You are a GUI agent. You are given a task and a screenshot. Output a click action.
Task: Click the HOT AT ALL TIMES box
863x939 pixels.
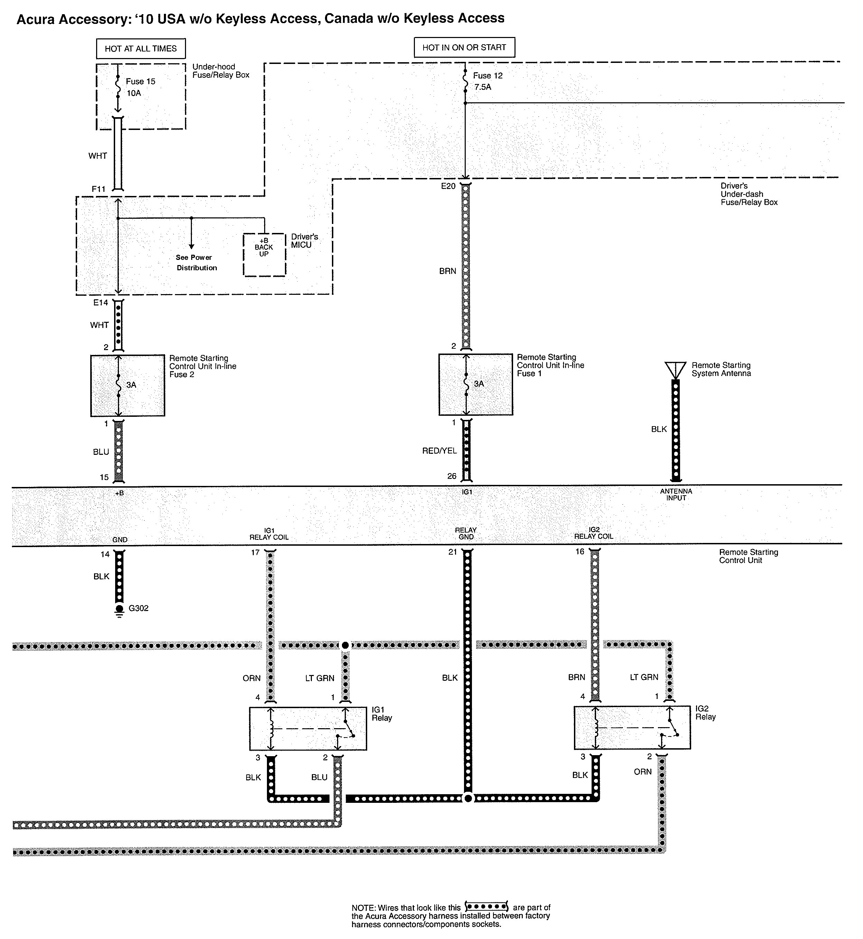141,48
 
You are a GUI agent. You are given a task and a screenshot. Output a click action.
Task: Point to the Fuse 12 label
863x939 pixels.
488,76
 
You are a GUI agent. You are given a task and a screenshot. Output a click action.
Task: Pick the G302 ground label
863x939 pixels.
138,609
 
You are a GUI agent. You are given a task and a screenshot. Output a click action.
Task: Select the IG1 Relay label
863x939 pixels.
381,714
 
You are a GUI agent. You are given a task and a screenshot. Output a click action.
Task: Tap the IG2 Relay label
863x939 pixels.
705,713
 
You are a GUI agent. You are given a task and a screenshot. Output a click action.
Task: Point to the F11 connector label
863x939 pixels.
99,189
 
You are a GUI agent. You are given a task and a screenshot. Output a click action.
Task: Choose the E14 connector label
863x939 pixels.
100,302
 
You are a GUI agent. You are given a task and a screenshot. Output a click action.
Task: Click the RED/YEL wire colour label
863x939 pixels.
439,450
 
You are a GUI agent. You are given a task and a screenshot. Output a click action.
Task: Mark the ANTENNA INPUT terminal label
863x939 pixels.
676,495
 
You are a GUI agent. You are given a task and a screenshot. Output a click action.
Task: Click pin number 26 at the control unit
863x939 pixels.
452,476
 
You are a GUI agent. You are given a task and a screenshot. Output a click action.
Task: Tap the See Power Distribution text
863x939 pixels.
196,262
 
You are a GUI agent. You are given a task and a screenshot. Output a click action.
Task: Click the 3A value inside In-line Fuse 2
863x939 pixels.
131,385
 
